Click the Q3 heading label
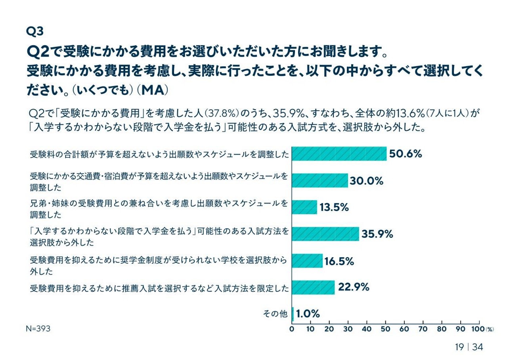click(35, 31)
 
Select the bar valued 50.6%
click(339, 154)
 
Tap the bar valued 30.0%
click(320, 180)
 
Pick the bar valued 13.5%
click(304, 207)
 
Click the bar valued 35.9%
click(325, 234)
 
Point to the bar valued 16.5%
click(307, 260)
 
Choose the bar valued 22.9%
click(313, 287)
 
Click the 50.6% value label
click(405, 154)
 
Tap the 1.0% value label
click(308, 314)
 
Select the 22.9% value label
click(354, 287)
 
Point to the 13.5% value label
click(334, 207)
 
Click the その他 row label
click(275, 314)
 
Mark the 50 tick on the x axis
click(386, 329)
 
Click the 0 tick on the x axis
click(292, 329)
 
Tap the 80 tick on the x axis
click(442, 329)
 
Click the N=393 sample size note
click(38, 329)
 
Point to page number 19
click(459, 347)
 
